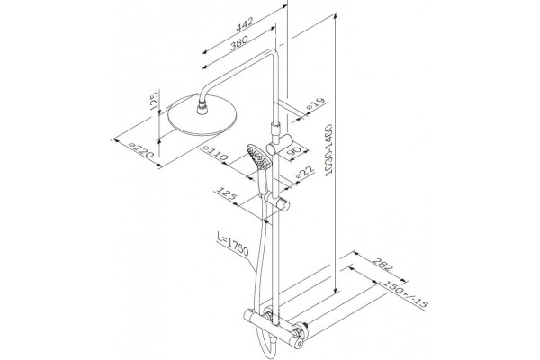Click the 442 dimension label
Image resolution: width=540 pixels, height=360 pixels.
(245, 24)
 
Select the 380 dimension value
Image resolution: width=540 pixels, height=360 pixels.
(239, 43)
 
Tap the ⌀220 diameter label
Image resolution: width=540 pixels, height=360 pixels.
(140, 150)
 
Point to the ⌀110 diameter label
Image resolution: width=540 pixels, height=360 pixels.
(216, 153)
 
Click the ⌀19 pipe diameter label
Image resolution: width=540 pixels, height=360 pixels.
(316, 103)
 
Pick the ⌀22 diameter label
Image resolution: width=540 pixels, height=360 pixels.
(305, 171)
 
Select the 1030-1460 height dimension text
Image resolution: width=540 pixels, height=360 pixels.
(328, 150)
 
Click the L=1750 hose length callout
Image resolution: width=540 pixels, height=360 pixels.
(233, 245)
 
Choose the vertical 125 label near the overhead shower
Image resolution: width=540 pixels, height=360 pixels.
(155, 100)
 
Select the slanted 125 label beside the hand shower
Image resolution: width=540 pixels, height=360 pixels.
(226, 193)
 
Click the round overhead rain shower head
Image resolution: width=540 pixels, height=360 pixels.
(202, 115)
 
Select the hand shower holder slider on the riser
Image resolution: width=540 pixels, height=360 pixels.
(277, 202)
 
